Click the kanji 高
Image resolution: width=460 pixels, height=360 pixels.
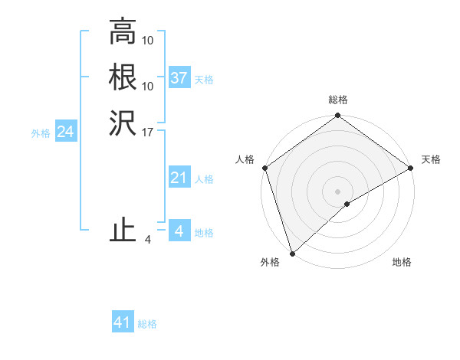[122, 34]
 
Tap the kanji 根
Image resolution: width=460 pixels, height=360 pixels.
[122, 78]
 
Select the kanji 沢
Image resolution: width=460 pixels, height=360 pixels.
[122, 123]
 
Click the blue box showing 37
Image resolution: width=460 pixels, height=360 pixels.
[179, 78]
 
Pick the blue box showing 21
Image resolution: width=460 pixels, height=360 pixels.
[179, 178]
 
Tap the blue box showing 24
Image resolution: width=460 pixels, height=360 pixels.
[65, 132]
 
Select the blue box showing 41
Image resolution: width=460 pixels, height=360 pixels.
[123, 323]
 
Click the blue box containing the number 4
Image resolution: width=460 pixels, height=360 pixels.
[179, 231]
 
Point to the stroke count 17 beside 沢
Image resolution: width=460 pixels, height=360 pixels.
[148, 132]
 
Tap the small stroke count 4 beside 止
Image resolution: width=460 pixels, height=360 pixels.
[148, 240]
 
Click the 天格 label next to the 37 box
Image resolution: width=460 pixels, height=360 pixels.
[204, 80]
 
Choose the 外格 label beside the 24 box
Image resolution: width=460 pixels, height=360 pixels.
[41, 133]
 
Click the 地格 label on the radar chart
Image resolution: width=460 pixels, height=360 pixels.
[402, 262]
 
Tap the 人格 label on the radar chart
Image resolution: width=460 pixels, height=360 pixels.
[245, 159]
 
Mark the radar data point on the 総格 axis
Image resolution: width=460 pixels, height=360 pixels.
[337, 116]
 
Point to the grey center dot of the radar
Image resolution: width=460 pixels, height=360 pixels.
[337, 191]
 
